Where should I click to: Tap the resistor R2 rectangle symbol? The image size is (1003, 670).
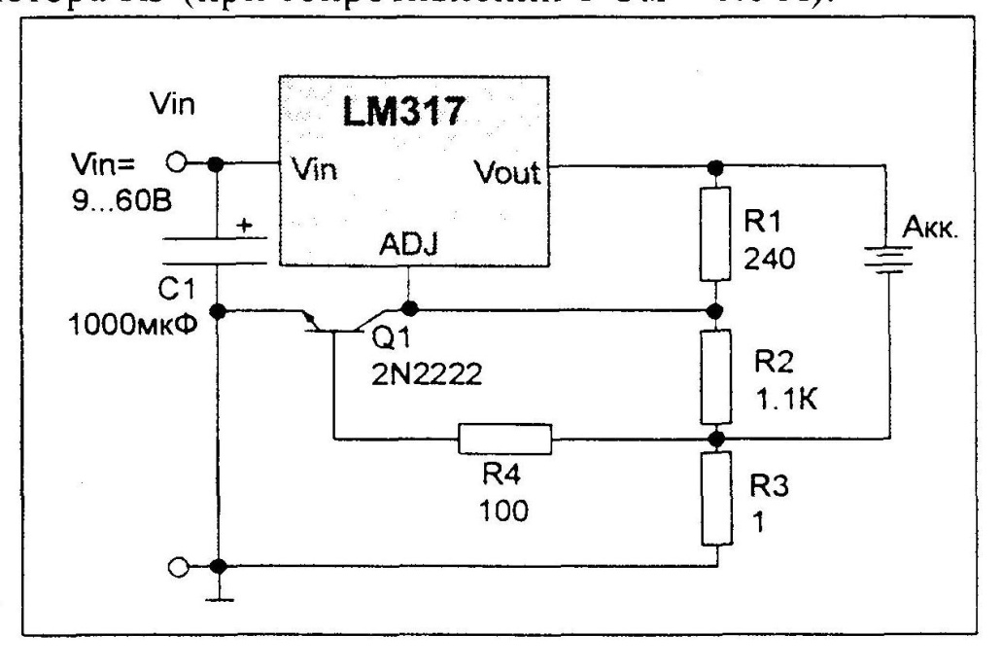716,374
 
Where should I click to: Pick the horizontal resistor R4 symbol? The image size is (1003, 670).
504,440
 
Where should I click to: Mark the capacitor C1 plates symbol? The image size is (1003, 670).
216,250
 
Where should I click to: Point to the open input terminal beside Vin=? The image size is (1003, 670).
177,163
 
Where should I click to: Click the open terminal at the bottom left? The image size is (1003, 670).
177,565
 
